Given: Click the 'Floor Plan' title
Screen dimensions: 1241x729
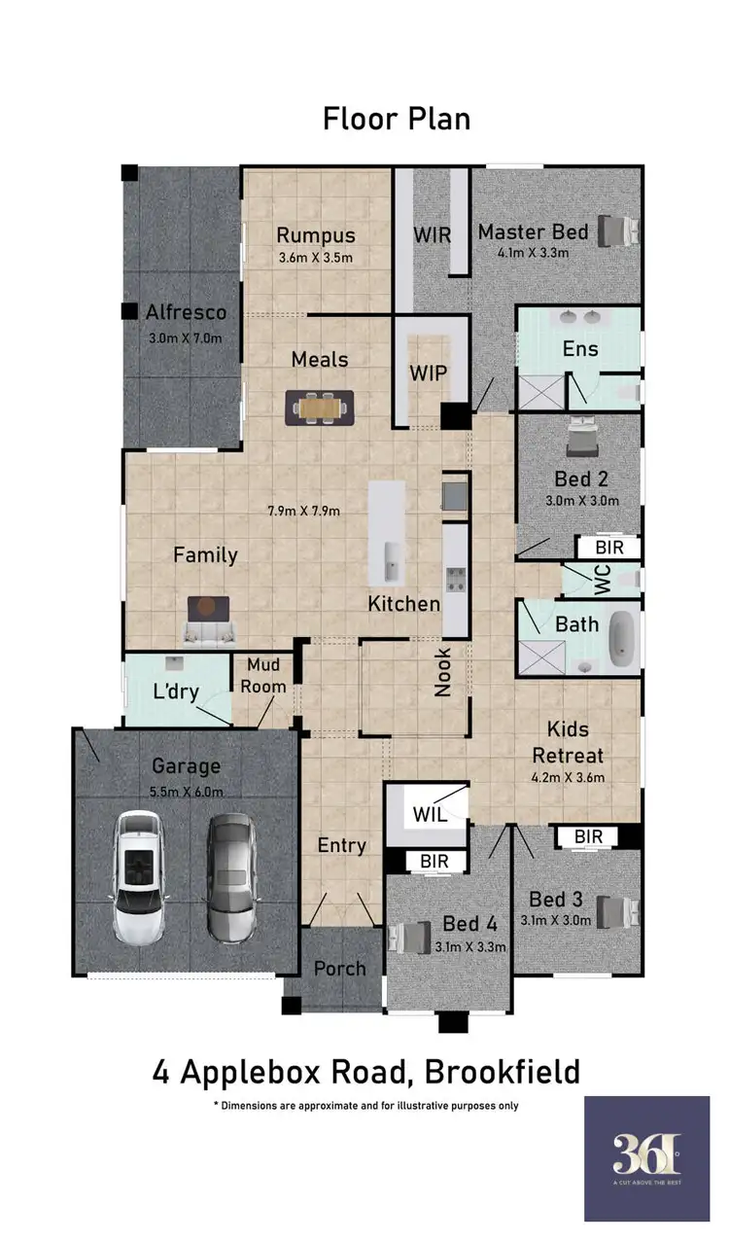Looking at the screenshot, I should tap(397, 119).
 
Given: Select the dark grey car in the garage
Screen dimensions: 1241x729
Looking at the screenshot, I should tap(231, 877).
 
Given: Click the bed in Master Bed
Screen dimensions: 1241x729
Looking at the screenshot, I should tap(618, 231).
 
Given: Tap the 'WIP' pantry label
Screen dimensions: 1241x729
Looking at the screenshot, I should tap(429, 374).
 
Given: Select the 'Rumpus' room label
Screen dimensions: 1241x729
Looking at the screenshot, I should tap(316, 235).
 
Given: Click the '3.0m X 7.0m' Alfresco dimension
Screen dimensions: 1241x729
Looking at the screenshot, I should tap(186, 338).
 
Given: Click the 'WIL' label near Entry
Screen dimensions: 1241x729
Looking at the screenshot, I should tap(430, 814).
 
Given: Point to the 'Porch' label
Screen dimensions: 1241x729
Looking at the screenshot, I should tap(340, 969).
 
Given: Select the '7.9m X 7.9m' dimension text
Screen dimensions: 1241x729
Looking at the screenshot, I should tap(303, 510).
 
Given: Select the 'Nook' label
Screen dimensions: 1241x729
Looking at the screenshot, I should tap(443, 672).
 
